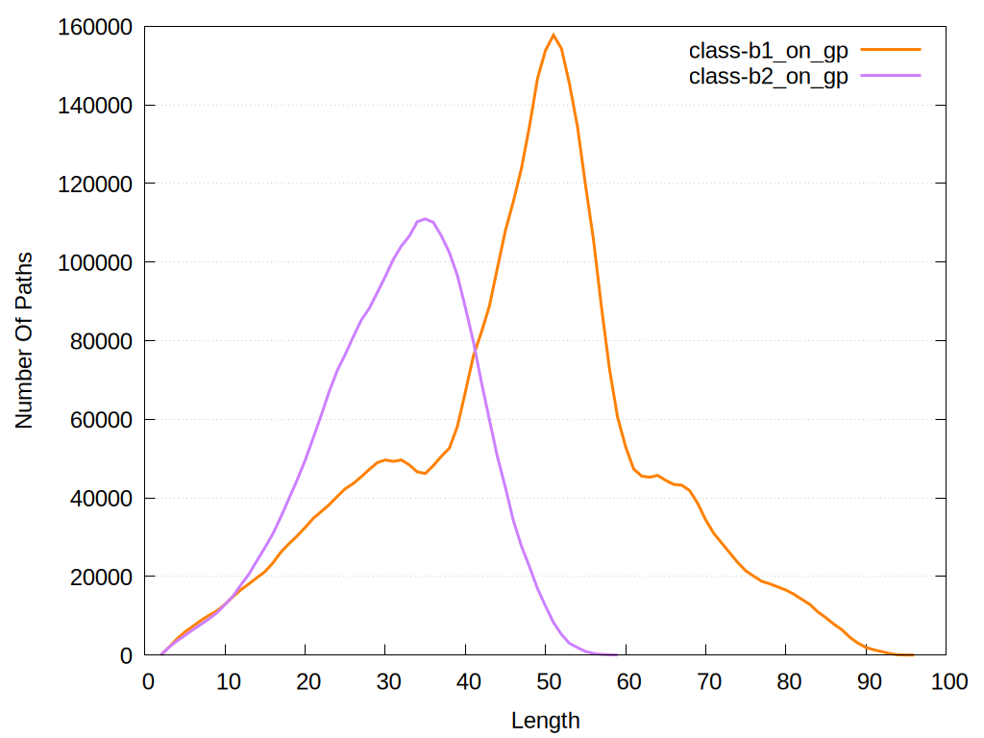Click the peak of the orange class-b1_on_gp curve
tap(553, 35)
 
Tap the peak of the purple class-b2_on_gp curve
tap(425, 219)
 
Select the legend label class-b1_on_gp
tap(769, 51)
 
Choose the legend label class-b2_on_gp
tap(769, 78)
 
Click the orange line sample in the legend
tap(891, 49)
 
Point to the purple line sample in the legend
tap(891, 76)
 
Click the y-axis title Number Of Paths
tap(24, 340)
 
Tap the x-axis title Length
tap(545, 720)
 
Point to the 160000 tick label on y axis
tap(94, 27)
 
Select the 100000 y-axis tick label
tap(94, 262)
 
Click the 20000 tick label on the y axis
tap(99, 577)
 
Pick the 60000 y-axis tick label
tap(99, 420)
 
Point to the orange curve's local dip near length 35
tap(425, 473)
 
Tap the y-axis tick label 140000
tap(94, 106)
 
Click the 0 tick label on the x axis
tap(146, 681)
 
